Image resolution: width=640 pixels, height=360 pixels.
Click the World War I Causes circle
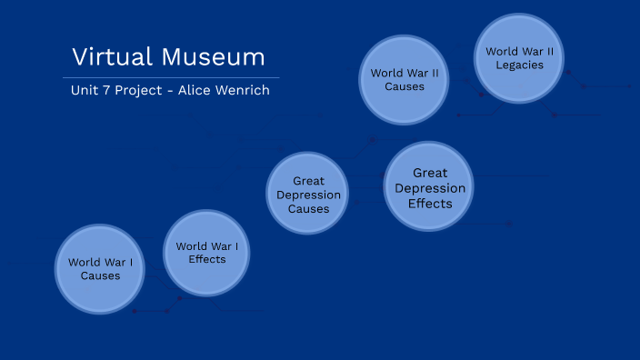tap(100, 269)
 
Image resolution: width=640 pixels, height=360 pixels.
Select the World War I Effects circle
tap(207, 253)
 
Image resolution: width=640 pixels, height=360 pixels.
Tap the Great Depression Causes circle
tap(309, 195)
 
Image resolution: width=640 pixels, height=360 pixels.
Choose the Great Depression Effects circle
tap(429, 187)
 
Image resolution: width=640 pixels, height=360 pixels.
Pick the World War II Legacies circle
tap(519, 58)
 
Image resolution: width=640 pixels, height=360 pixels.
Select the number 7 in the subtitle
tap(108, 91)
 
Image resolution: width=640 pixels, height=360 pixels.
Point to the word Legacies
tap(519, 65)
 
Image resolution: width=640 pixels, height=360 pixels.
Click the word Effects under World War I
tap(207, 259)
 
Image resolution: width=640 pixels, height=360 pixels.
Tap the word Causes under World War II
tap(404, 87)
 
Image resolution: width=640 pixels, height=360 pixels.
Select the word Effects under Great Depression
tap(429, 204)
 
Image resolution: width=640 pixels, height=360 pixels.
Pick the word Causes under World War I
tap(100, 276)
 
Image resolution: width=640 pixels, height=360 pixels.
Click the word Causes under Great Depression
tap(309, 209)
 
